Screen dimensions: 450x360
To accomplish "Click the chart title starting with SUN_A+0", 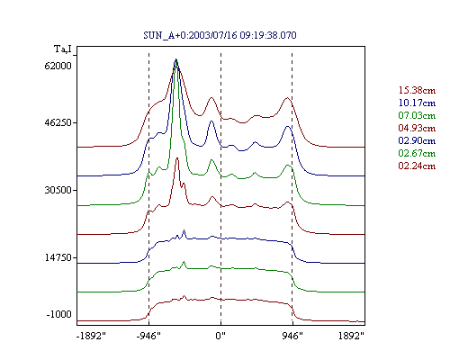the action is pos(220,35).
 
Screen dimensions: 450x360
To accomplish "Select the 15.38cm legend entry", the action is pos(417,90).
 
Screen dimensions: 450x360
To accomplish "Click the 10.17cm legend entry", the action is pos(417,103).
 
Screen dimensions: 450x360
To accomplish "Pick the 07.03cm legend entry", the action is pos(417,115).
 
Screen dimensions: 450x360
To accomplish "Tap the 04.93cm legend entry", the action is pos(417,128).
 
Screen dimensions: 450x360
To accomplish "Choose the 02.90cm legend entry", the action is pos(417,140).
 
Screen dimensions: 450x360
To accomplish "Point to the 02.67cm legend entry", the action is pos(417,153).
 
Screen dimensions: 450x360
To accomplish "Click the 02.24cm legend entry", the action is pos(417,166).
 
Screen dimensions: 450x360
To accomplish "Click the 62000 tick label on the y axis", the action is pos(58,66).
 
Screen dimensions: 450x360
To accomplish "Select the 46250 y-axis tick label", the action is pos(58,122).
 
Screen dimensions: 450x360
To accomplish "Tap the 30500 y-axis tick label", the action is pos(58,190).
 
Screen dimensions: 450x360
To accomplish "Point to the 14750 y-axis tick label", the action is pos(58,257).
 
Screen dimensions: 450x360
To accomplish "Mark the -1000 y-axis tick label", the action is pos(59,314).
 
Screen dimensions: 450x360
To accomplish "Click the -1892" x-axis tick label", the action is pos(91,336).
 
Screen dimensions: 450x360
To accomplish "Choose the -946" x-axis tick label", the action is pos(148,336).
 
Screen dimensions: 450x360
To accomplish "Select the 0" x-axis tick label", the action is pos(220,336).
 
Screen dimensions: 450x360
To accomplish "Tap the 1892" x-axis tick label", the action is pos(351,336).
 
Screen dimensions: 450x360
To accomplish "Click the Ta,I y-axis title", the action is pos(63,49).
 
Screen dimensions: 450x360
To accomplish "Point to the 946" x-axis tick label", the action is pos(292,336).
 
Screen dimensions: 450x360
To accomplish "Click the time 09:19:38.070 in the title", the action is pos(268,35).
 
